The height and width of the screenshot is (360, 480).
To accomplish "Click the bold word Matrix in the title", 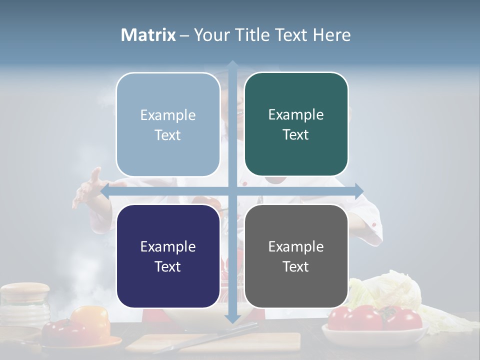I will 148,35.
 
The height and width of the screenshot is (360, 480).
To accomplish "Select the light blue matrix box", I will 168,124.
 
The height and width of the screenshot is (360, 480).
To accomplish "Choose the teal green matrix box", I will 296,124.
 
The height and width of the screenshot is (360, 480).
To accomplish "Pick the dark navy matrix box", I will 168,256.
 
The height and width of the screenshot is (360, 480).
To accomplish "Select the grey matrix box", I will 296,256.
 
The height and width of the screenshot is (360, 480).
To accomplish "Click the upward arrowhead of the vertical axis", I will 232,65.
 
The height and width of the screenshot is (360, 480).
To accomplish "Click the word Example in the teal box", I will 296,115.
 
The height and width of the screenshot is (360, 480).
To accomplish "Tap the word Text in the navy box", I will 168,266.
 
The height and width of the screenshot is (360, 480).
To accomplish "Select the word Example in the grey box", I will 296,246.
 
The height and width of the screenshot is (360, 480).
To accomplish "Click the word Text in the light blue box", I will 168,135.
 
